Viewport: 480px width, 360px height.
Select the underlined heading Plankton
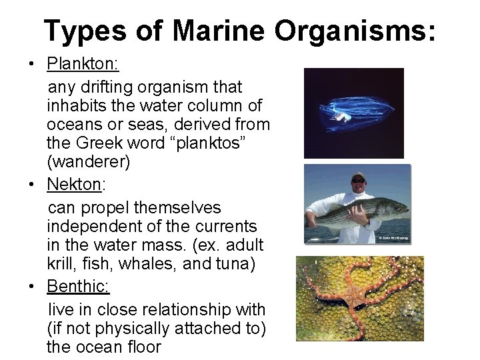click(x=82, y=64)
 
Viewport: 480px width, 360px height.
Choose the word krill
click(x=62, y=264)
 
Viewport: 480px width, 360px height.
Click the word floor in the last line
click(x=139, y=347)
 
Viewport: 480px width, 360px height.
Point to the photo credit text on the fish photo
click(x=394, y=238)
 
